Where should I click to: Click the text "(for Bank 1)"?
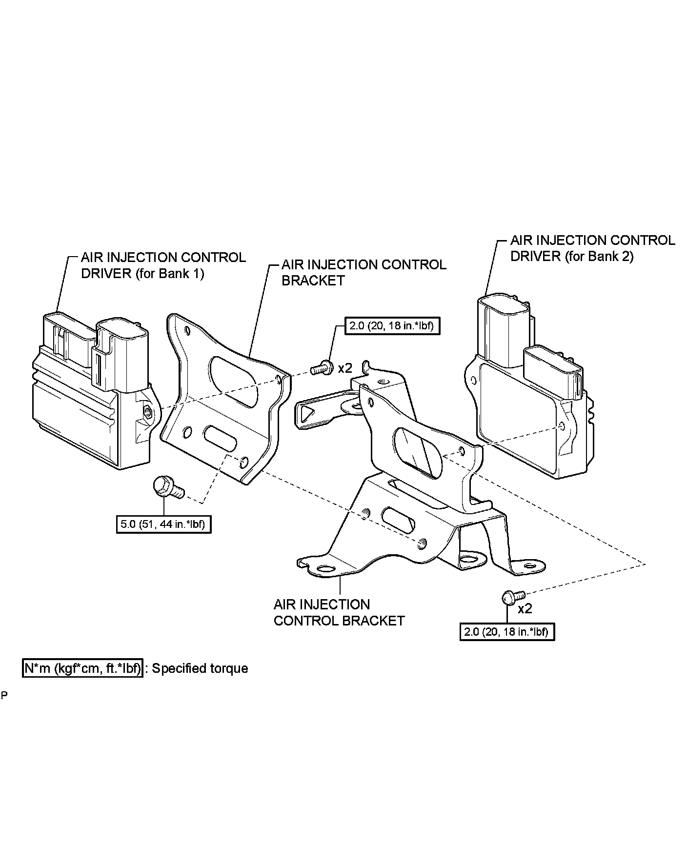click(169, 273)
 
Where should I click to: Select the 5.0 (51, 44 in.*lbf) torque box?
click(163, 524)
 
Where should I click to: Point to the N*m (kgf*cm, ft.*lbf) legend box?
click(82, 668)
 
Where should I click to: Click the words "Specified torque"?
click(200, 668)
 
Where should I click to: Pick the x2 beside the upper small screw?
click(345, 368)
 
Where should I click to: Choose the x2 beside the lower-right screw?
click(525, 608)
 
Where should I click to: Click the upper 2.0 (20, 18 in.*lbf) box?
click(392, 325)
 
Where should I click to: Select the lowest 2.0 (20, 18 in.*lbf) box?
click(506, 632)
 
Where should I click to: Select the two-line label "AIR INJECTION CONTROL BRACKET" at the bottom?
click(339, 613)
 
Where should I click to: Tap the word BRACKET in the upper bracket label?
click(313, 281)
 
